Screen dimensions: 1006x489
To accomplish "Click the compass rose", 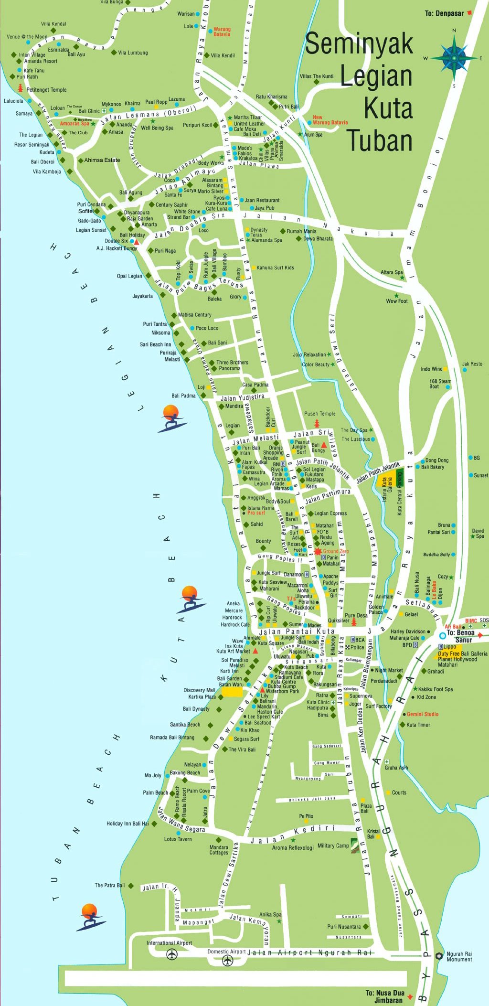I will click(454, 58).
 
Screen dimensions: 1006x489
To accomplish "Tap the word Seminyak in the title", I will click(359, 44).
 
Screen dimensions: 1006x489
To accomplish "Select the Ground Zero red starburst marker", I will click(318, 551).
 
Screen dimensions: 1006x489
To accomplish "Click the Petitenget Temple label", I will click(46, 90).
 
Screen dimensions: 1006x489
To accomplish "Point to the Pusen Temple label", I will click(319, 414).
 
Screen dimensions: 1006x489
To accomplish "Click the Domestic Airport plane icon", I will click(228, 960).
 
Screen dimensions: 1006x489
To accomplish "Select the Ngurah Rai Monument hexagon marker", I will click(439, 955).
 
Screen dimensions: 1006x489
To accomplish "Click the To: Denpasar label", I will click(444, 13).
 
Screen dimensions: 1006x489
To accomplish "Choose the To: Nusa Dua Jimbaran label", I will click(385, 996).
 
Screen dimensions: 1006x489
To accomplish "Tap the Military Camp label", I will click(333, 845).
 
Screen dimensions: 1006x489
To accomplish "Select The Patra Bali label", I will click(109, 885).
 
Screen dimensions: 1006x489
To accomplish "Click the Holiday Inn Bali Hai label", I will click(128, 824).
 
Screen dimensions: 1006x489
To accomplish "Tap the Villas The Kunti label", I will click(317, 76).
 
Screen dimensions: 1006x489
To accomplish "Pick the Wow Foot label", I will click(397, 301).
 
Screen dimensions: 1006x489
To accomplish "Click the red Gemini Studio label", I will click(423, 714).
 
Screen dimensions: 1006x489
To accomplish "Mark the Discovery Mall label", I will click(199, 690).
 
